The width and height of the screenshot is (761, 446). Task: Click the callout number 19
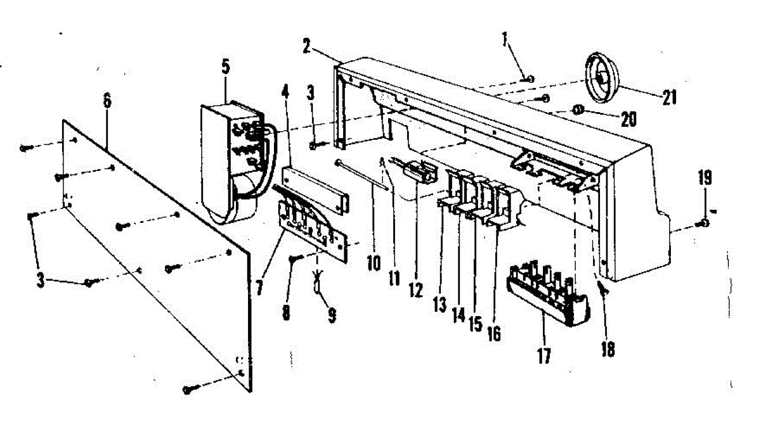tap(706, 178)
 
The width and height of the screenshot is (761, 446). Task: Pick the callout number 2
tap(306, 46)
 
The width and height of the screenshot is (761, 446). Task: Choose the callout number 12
tap(415, 290)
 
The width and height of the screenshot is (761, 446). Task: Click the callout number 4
tap(285, 91)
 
